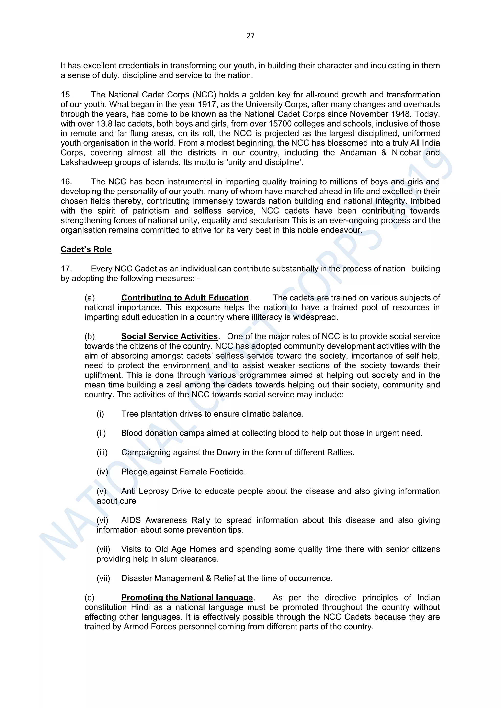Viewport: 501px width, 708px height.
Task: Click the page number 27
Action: (x=250, y=36)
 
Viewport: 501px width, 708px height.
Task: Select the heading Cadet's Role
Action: (x=86, y=249)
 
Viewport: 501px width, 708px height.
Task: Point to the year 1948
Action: (x=401, y=114)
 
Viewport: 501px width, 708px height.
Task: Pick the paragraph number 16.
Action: (x=66, y=182)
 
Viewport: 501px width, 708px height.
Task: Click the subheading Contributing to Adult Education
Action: (x=185, y=298)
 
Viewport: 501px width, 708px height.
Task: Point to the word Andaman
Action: (x=358, y=153)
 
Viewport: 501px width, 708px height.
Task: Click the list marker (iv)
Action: (x=102, y=472)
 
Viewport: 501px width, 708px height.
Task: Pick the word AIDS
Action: (x=131, y=520)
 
